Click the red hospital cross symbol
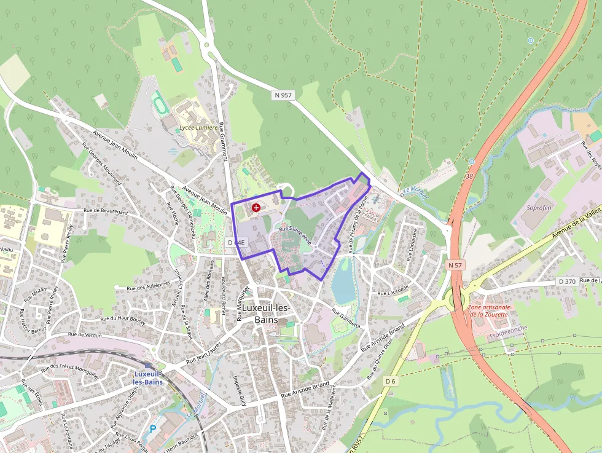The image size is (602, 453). pos(256,208)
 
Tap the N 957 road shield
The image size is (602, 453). pos(283,95)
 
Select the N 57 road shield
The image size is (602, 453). pos(455,265)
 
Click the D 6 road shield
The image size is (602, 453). pos(390,382)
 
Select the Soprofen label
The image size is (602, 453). pos(539,208)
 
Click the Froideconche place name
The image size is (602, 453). pos(509,336)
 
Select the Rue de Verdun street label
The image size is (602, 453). pos(84,334)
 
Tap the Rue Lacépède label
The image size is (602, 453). pos(393,288)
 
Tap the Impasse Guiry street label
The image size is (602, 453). pos(239,388)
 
